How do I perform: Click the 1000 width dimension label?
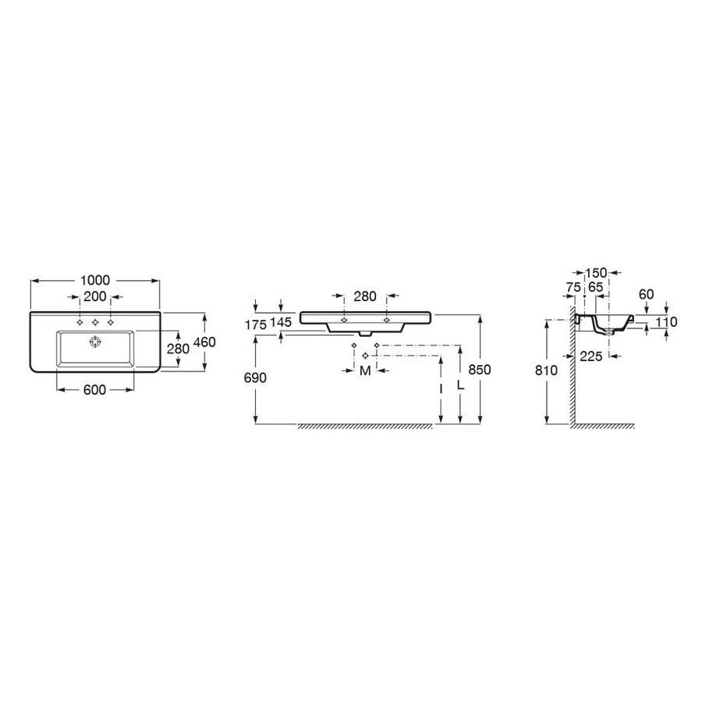(95, 280)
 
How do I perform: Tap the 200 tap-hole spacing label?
(95, 296)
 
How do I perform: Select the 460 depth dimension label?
(204, 342)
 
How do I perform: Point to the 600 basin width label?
(95, 390)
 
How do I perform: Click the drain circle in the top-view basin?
(95, 342)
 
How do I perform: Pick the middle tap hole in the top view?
(95, 322)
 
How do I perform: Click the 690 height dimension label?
(255, 378)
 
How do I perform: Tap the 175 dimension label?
(256, 325)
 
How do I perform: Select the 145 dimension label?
(281, 322)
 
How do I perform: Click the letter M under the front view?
(365, 370)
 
